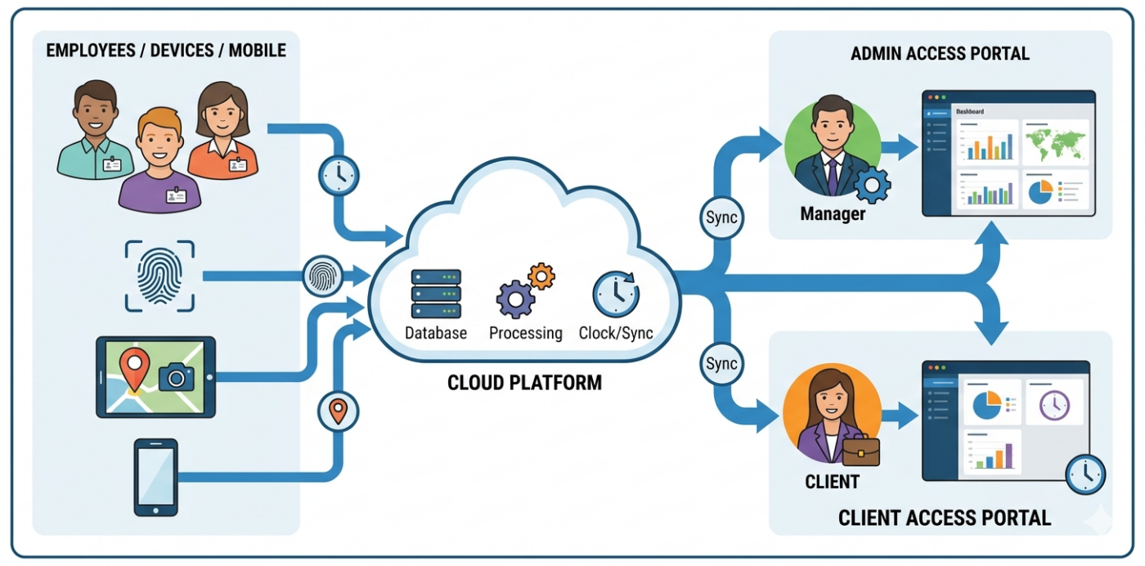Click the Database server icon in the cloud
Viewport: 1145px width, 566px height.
pyautogui.click(x=436, y=294)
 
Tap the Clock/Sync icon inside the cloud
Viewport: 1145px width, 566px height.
pyautogui.click(x=615, y=294)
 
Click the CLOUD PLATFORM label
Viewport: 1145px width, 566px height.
pyautogui.click(x=524, y=382)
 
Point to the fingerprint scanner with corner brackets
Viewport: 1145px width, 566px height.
pyautogui.click(x=159, y=276)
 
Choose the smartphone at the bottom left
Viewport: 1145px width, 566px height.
pyautogui.click(x=156, y=477)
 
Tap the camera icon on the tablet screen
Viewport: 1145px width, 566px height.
pyautogui.click(x=176, y=375)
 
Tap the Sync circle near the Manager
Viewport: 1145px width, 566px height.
pyautogui.click(x=721, y=218)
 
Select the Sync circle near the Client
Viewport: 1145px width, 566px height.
pyautogui.click(x=721, y=364)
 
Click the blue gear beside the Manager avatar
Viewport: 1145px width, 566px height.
pyautogui.click(x=872, y=185)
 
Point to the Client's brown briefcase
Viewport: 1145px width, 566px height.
pyautogui.click(x=860, y=451)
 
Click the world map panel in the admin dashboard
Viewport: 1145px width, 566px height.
pyautogui.click(x=1056, y=142)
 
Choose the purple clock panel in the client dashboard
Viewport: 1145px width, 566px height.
pyautogui.click(x=1054, y=403)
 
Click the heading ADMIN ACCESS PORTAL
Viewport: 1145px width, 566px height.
pyautogui.click(x=940, y=54)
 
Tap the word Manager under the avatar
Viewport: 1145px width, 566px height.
pyautogui.click(x=833, y=215)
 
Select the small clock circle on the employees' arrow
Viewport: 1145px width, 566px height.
pyautogui.click(x=338, y=174)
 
